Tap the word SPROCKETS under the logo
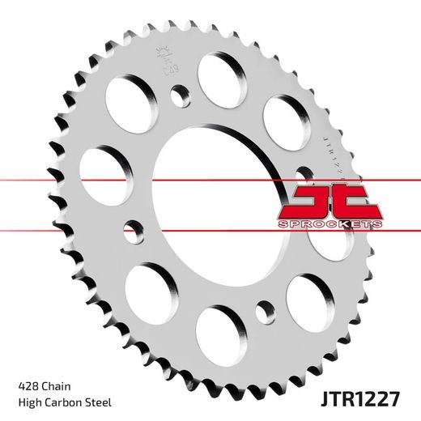tap(322, 223)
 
